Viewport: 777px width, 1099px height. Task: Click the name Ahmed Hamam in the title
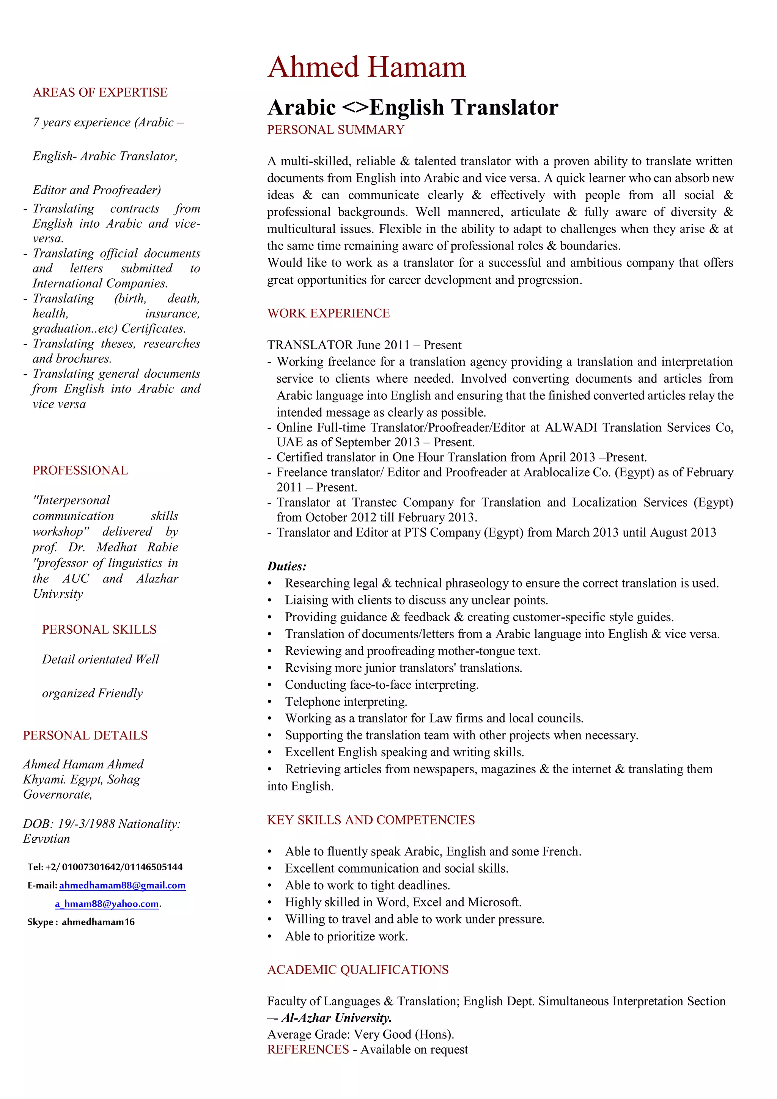pos(366,67)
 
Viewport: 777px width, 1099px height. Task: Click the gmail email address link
pos(122,885)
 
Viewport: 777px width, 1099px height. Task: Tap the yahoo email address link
pos(107,904)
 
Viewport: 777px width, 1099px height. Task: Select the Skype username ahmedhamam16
pos(98,922)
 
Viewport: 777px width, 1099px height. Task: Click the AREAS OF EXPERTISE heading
pos(100,93)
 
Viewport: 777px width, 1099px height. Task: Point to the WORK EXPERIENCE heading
pos(329,314)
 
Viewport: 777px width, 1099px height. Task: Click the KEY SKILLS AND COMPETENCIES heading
pos(371,820)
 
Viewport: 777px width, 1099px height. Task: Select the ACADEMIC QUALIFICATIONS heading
pos(358,970)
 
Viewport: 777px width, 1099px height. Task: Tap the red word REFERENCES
pos(308,1050)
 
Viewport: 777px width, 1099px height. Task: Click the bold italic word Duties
pos(286,567)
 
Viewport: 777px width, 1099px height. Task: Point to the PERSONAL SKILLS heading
pos(99,630)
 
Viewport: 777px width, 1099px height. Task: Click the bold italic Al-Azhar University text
pos(336,1017)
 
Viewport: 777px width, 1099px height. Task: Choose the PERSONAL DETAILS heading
pos(85,735)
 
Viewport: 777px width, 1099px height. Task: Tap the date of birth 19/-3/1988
pos(86,824)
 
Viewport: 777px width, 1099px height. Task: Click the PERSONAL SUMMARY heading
pos(336,130)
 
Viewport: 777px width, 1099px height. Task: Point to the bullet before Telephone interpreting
pos(269,702)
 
